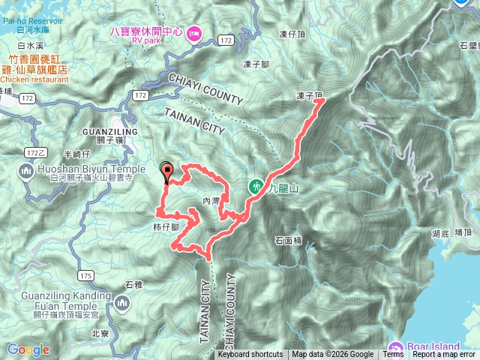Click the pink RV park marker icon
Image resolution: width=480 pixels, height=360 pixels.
pyautogui.click(x=193, y=32)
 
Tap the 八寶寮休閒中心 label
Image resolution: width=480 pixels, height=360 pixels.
pyautogui.click(x=146, y=32)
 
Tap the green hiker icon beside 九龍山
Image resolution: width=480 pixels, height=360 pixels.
pyautogui.click(x=256, y=186)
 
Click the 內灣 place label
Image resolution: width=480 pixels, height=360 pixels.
pyautogui.click(x=211, y=201)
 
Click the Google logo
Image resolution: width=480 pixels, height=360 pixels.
pyautogui.click(x=28, y=349)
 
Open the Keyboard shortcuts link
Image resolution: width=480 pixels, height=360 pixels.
pyautogui.click(x=250, y=355)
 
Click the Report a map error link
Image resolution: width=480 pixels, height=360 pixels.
pyautogui.click(x=444, y=355)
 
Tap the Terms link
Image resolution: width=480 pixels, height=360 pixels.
pyautogui.click(x=393, y=355)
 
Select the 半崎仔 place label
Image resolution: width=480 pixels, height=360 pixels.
pyautogui.click(x=57, y=154)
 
